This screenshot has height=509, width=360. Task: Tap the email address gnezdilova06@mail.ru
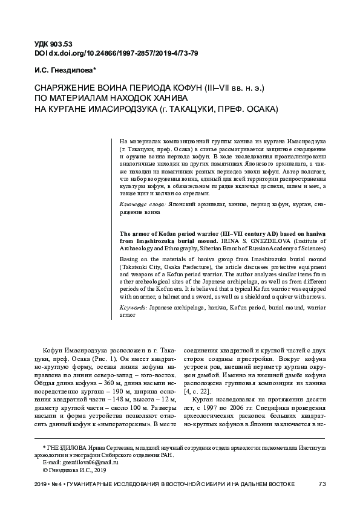pyautogui.click(x=77, y=461)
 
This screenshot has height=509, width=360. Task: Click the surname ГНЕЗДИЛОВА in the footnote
pyautogui.click(x=66, y=446)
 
